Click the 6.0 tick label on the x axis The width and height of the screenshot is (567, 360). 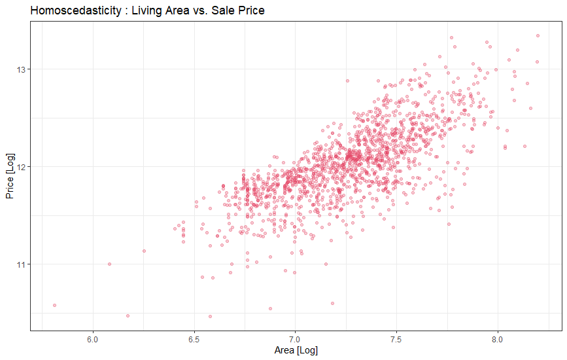coord(93,339)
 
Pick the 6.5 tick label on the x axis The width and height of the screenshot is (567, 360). coord(194,339)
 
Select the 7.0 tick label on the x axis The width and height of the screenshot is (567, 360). coord(295,339)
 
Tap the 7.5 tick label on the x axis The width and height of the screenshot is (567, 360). coord(396,339)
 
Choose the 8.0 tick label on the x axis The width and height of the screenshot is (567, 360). coord(498,339)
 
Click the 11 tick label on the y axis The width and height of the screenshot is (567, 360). coord(19,264)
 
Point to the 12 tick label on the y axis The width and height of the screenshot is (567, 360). coord(19,167)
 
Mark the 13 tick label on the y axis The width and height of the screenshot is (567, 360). coord(19,69)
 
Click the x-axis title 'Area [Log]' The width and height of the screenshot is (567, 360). coord(296,351)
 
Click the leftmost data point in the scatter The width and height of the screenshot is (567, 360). coord(54,305)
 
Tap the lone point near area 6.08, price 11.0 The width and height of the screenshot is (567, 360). coord(109,264)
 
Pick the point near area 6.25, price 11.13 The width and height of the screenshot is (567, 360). coord(144,251)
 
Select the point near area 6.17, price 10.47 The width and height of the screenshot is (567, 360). coord(128,315)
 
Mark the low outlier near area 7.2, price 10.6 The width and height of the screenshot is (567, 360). coord(332,303)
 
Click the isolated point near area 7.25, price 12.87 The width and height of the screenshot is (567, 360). coord(347,81)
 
